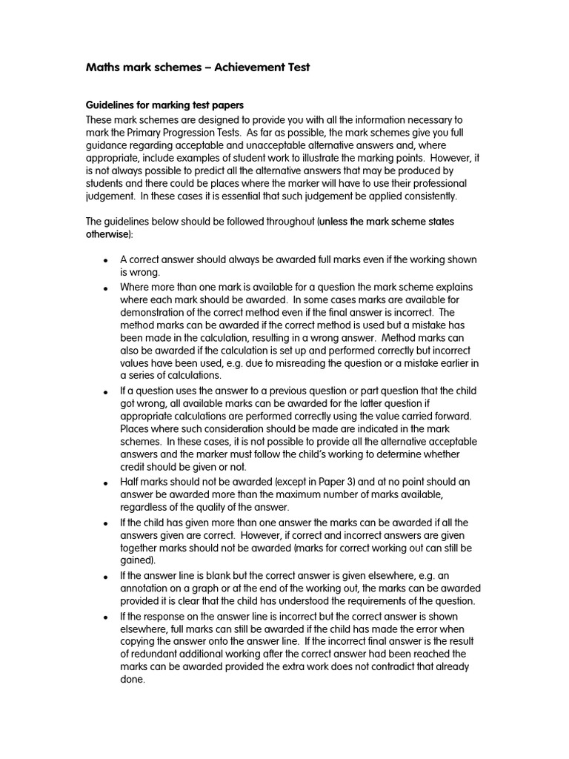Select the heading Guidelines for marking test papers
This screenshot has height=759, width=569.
(x=164, y=105)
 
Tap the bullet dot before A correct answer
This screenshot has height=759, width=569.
(x=105, y=262)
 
